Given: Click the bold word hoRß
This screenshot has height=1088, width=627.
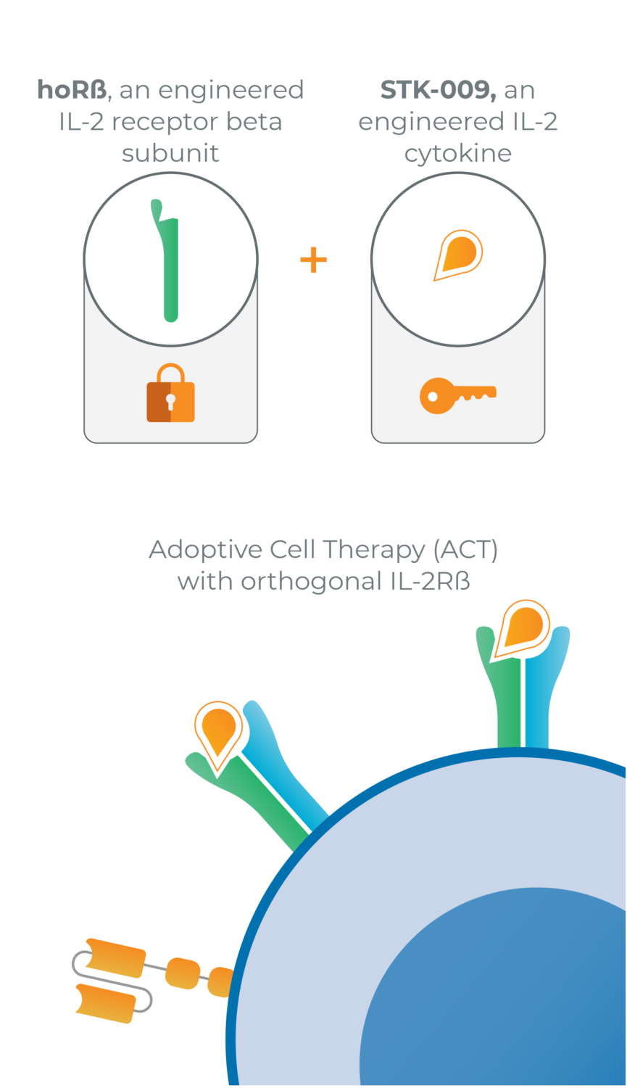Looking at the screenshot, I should [72, 90].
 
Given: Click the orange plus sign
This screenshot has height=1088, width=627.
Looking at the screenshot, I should [313, 260].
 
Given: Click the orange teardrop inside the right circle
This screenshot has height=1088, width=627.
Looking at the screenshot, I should [458, 255].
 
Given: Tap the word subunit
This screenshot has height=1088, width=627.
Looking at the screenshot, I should [170, 153].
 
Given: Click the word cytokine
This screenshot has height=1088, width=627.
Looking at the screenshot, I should [458, 153].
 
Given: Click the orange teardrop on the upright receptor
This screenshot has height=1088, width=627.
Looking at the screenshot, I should [522, 627].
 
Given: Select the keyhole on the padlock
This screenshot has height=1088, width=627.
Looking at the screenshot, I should [170, 400].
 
